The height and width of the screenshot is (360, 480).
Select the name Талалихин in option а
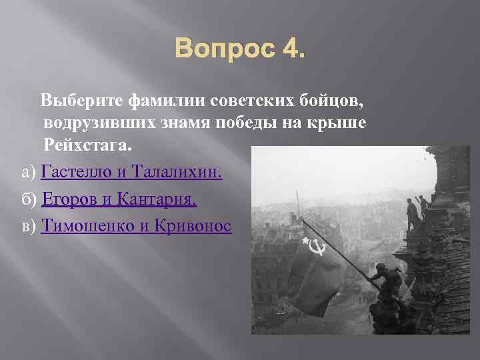click(x=177, y=173)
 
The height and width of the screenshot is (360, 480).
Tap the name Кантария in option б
click(x=156, y=199)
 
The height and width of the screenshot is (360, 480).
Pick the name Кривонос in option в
click(x=191, y=226)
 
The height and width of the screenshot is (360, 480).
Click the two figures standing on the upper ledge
click(x=416, y=210)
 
